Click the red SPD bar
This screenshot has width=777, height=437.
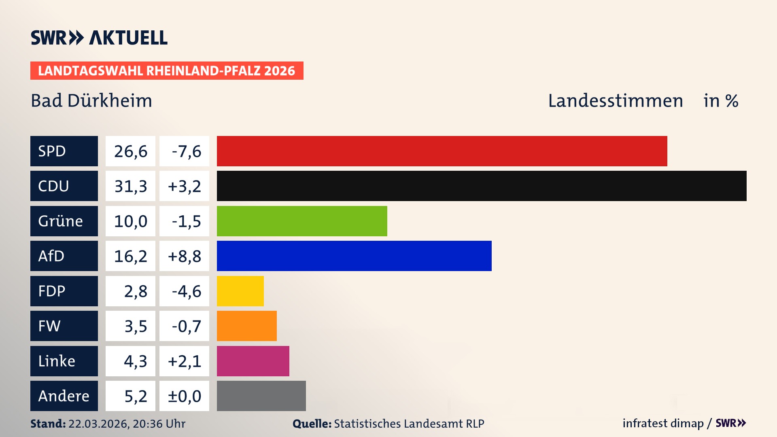pos(442,151)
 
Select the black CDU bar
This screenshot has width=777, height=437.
pos(482,186)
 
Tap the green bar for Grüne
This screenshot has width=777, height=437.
pos(302,221)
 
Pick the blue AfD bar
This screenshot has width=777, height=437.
pos(354,256)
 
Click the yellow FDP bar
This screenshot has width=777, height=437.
pos(240,291)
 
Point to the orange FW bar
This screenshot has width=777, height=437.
pos(247,326)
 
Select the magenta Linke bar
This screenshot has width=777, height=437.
pos(253,361)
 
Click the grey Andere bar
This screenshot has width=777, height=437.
pos(261,396)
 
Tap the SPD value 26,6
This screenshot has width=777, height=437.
pos(130,151)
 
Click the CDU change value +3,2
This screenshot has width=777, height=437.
pos(184,186)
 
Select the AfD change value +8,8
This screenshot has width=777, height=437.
pos(184,256)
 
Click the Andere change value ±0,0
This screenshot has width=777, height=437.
pos(184,396)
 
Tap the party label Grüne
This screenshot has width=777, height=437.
pos(61,221)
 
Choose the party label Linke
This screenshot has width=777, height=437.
pos(57,361)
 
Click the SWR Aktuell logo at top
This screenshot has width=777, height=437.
pos(99,38)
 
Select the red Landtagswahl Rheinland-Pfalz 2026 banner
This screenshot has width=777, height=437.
pos(167,71)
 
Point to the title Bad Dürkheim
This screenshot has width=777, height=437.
pos(91,101)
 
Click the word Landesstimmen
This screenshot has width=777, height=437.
pos(615,101)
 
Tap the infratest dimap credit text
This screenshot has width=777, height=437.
pos(663,423)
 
